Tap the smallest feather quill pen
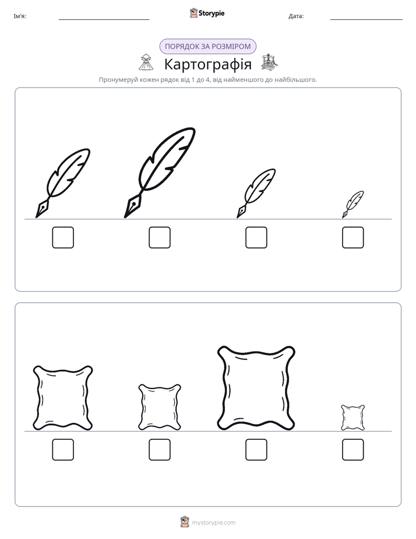354,204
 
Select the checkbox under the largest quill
160,237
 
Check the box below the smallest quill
353,237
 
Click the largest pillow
256,388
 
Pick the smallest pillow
353,418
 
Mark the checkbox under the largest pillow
256,450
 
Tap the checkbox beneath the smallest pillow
353,450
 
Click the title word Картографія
207,64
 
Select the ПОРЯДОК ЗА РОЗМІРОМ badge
207,47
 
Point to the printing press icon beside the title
269,62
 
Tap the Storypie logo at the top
207,13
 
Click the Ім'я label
20,16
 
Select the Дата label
296,16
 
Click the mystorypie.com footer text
213,523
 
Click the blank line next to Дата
366,20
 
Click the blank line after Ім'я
104,20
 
